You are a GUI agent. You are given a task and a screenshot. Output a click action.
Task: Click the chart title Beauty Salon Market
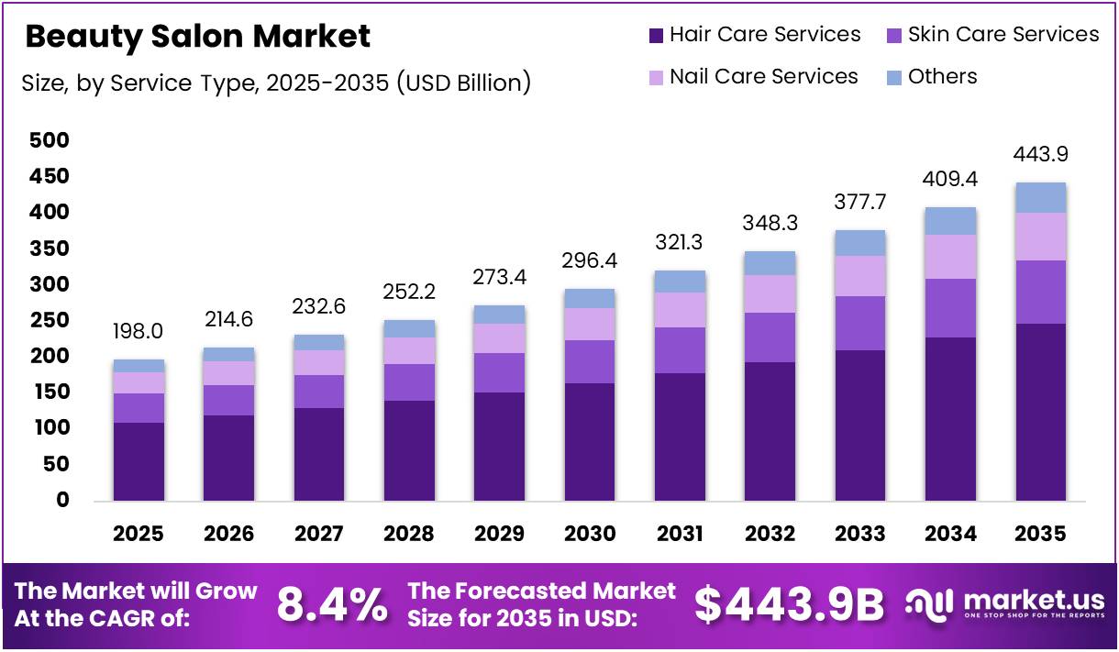point(197,37)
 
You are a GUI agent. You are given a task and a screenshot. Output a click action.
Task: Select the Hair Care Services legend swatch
point(656,36)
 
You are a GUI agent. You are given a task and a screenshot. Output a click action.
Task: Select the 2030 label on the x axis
point(590,534)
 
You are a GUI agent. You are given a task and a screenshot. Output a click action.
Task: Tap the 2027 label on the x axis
point(319,534)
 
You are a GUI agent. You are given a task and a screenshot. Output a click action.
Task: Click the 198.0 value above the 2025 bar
point(138,329)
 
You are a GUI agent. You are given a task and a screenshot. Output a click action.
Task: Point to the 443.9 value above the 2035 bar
point(1040,153)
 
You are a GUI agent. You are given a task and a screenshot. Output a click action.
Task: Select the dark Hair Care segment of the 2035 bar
point(1040,412)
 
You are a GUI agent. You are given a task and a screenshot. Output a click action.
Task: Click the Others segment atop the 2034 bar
point(950,221)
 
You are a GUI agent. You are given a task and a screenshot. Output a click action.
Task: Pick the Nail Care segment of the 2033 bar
point(860,276)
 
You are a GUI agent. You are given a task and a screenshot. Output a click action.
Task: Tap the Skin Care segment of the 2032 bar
point(770,337)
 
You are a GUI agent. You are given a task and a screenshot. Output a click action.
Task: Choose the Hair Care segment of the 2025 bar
point(138,461)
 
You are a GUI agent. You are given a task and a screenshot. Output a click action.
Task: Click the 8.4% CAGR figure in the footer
point(331,605)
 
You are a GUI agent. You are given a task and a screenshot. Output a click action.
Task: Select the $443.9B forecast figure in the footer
point(789,605)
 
